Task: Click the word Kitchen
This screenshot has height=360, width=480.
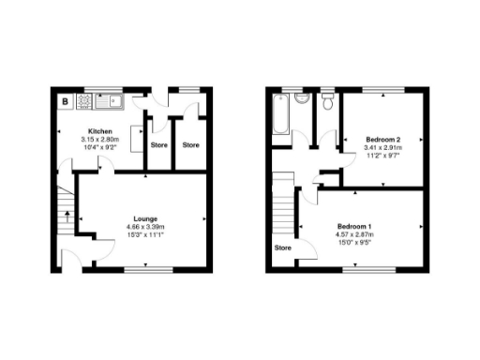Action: coord(100,131)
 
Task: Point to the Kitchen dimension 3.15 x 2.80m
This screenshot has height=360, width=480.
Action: coord(100,140)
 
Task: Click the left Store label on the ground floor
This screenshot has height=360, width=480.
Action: coord(158,145)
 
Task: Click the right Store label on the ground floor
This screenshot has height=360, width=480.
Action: coord(191,145)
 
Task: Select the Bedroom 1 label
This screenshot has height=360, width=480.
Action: coord(356,227)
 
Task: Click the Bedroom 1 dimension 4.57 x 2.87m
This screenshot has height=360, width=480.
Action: coord(356,235)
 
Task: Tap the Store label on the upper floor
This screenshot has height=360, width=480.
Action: coord(282,248)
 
